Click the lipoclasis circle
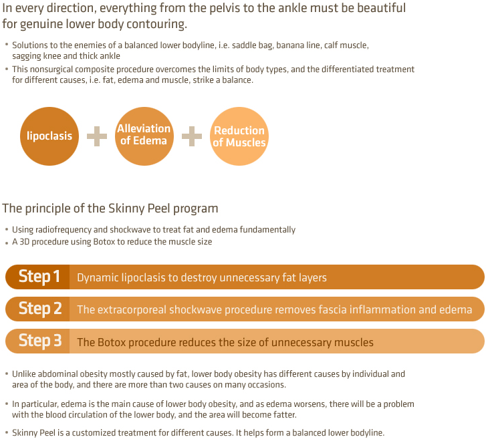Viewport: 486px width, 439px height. click(x=49, y=136)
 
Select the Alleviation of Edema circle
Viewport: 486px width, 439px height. click(x=144, y=136)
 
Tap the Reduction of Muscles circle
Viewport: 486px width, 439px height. click(x=239, y=136)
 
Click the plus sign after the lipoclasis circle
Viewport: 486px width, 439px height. click(x=97, y=136)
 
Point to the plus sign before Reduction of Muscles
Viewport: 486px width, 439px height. click(x=192, y=136)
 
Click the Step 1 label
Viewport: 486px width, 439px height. click(x=39, y=277)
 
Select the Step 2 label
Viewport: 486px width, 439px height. click(x=40, y=309)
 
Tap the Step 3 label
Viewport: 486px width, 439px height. click(x=40, y=341)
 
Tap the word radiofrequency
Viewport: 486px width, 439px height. click(x=64, y=230)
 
